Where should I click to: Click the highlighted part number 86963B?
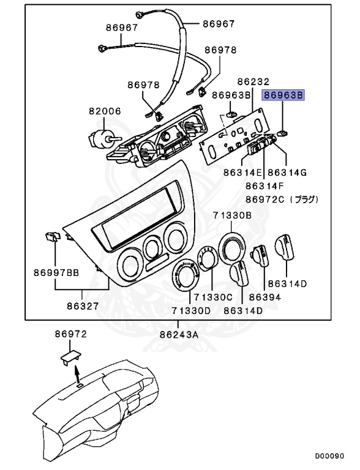pos(283,95)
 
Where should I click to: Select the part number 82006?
pos(105,112)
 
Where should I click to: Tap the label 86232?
pos(253,81)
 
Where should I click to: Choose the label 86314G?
pos(287,174)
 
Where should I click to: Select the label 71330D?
pos(190,311)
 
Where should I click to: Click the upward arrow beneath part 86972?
pos(77,373)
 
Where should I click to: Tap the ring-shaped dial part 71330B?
pos(234,248)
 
